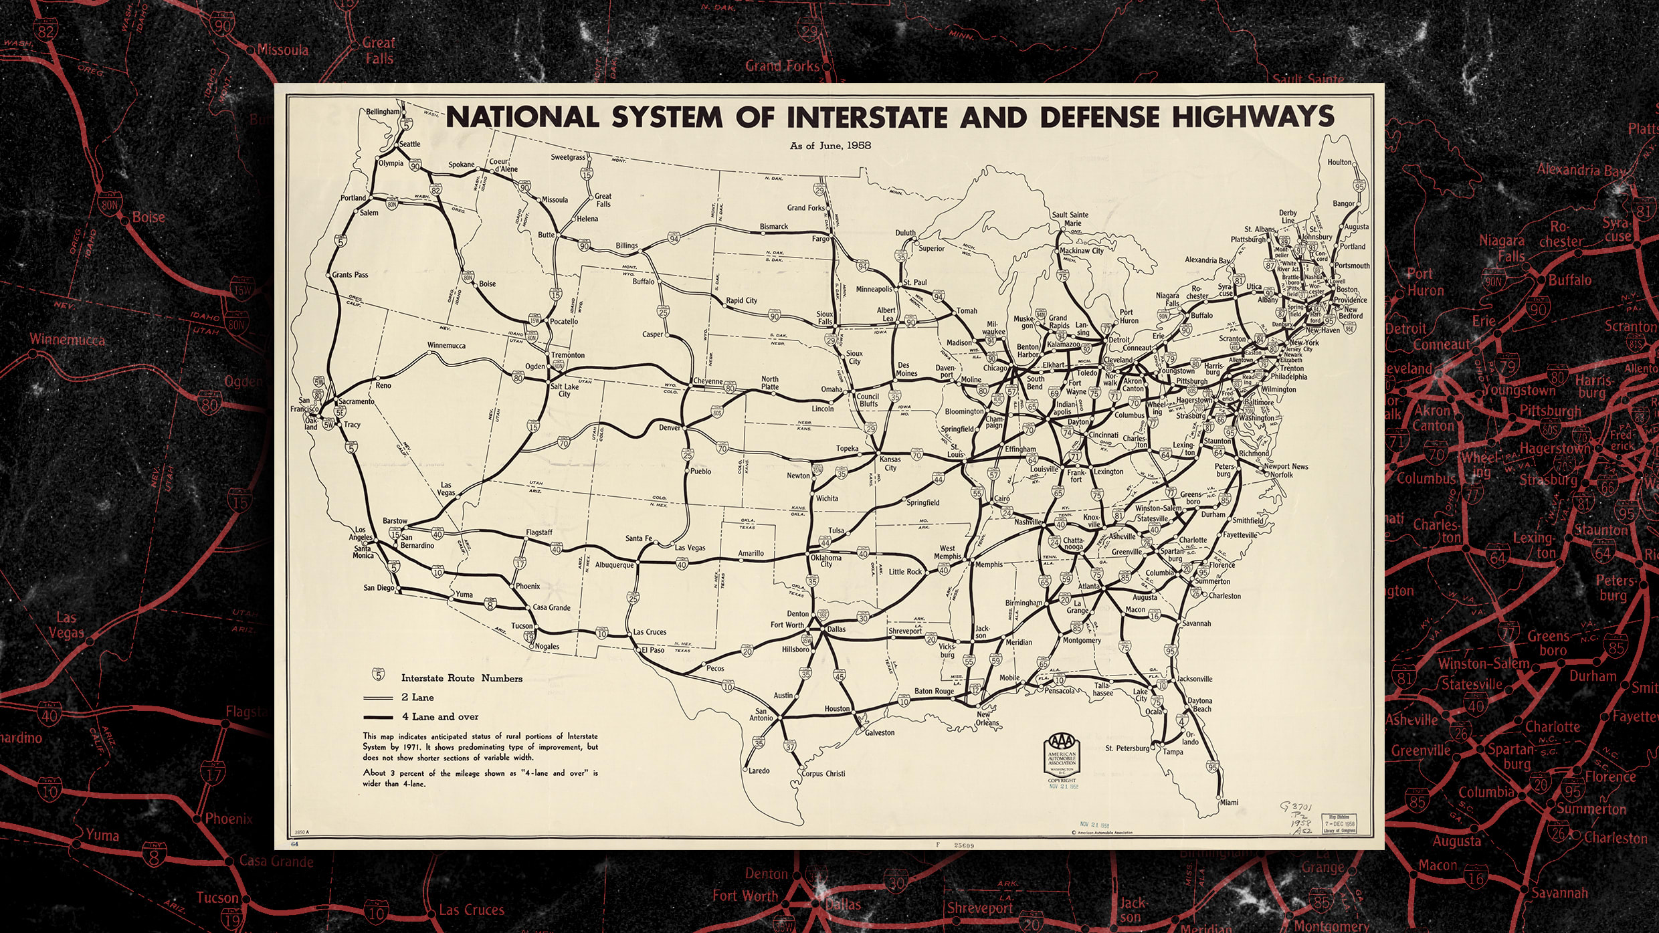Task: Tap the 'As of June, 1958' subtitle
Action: point(830,145)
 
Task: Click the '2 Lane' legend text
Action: point(417,697)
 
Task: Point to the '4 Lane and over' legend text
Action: point(440,716)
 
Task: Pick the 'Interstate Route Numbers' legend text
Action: point(462,678)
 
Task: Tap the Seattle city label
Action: point(409,144)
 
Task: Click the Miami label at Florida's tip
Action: point(1229,802)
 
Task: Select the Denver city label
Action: point(669,427)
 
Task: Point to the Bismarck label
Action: point(773,227)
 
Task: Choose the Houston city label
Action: point(836,708)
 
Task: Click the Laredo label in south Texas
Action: point(759,770)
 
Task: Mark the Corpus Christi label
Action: point(823,774)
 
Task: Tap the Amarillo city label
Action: point(751,553)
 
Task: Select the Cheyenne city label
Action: point(707,381)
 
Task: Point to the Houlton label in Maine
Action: point(1339,162)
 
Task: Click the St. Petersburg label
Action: point(1127,748)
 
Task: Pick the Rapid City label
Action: point(741,300)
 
